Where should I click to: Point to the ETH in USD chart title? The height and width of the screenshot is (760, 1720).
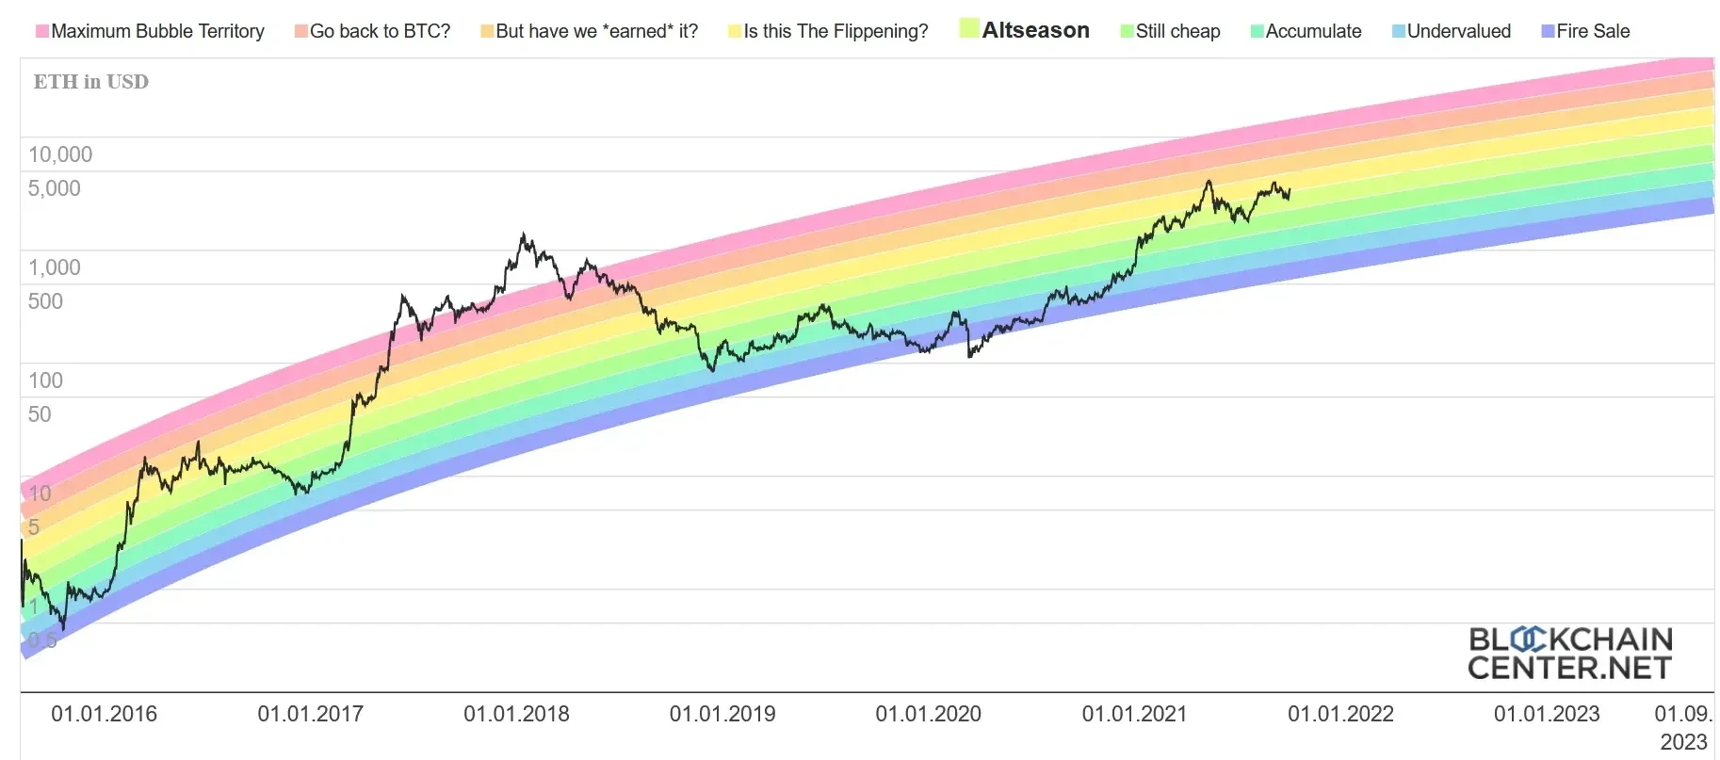pyautogui.click(x=91, y=82)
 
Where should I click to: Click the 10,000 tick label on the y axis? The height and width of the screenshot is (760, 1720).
pyautogui.click(x=60, y=154)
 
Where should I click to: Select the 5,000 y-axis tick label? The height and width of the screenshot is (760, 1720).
pyautogui.click(x=55, y=188)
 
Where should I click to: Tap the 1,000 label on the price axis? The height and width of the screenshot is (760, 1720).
pyautogui.click(x=55, y=267)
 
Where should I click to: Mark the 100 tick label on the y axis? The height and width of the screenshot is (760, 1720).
pyautogui.click(x=45, y=380)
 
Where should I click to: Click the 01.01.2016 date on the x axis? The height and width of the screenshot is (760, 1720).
pyautogui.click(x=104, y=714)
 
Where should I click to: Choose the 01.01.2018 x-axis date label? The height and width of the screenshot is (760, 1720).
pyautogui.click(x=516, y=714)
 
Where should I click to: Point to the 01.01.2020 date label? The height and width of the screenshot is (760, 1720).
pyautogui.click(x=928, y=714)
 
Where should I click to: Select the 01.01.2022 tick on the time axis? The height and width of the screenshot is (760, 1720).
pyautogui.click(x=1340, y=714)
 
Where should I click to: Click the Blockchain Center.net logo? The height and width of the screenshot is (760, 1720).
pyautogui.click(x=1569, y=653)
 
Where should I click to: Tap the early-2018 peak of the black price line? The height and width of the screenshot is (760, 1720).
pyautogui.click(x=523, y=234)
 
